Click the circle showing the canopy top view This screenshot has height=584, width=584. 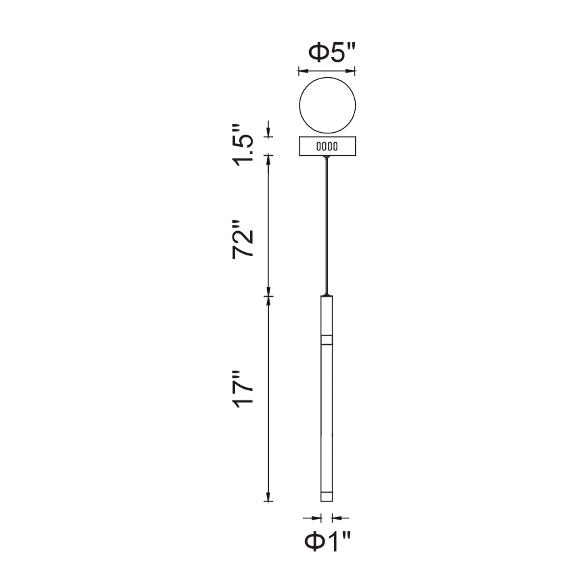coord(327,105)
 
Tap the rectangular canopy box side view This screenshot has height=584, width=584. coord(327,146)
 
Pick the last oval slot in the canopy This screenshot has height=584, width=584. coord(336,147)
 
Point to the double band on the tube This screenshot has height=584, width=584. coord(327,340)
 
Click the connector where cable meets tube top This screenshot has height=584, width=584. coord(327,294)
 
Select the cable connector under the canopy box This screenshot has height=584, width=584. coord(327,157)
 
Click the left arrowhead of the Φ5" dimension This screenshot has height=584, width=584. coord(303,71)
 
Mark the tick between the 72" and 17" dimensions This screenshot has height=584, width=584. coord(268,296)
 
